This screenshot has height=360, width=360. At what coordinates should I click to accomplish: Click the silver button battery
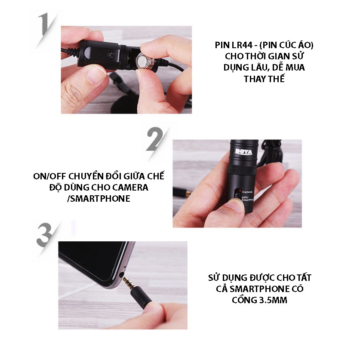(x=145, y=61)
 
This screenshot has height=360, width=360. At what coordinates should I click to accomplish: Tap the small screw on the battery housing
(x=111, y=55)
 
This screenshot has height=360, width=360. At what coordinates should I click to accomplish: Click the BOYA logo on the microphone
(x=243, y=152)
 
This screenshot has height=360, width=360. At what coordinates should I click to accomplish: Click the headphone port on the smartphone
(x=122, y=274)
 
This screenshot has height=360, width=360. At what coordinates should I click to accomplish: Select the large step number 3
(x=45, y=235)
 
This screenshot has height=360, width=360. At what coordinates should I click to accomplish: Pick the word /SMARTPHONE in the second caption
(x=98, y=199)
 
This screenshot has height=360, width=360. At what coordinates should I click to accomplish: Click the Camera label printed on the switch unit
(x=247, y=192)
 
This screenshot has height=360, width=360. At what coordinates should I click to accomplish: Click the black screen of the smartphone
(x=92, y=259)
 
